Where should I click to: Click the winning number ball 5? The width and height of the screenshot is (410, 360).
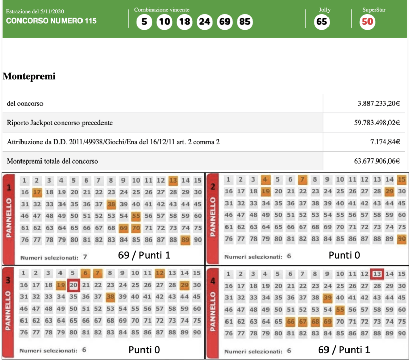pos(145,22)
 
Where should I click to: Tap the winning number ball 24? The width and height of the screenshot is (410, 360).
pos(204,22)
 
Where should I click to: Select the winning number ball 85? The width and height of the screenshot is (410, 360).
pos(244,22)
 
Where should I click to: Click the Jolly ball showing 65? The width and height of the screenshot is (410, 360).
pos(322,22)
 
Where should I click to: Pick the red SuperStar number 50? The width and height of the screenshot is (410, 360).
pos(367,22)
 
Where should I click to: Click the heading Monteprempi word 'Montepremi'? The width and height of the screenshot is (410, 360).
pos(29,76)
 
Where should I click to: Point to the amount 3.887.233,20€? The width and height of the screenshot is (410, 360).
pos(379,103)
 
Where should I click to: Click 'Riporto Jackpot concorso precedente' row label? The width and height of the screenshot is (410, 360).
pos(60,123)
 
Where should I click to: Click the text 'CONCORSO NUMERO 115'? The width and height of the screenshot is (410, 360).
pos(51,21)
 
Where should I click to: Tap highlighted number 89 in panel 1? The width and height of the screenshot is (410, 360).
pos(186,239)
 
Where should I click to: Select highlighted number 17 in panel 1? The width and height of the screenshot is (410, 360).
pos(36,192)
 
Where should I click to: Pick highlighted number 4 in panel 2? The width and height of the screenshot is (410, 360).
pos(265,179)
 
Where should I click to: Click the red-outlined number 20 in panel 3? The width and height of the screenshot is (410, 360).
pos(73,285)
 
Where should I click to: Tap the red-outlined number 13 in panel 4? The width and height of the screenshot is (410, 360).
pos(377,274)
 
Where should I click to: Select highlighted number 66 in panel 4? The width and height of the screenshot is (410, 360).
pos(291,322)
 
